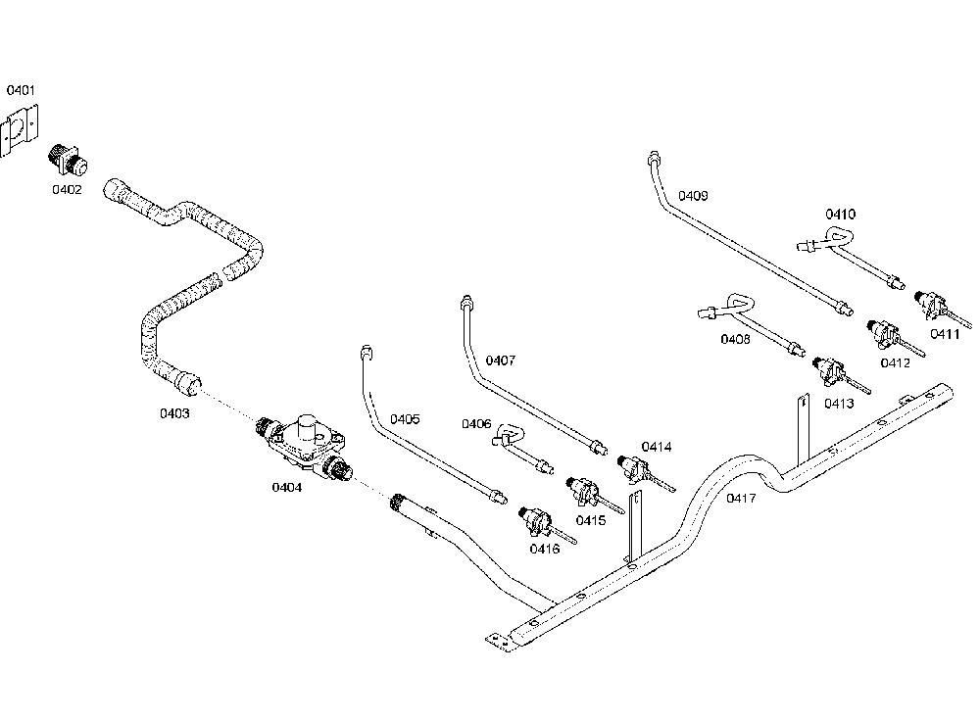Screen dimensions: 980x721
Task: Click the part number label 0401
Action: pyautogui.click(x=21, y=90)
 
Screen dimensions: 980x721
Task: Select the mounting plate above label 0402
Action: pyautogui.click(x=19, y=130)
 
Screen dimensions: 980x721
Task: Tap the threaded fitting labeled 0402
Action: pyautogui.click(x=68, y=159)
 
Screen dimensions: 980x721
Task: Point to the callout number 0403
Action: pyautogui.click(x=174, y=413)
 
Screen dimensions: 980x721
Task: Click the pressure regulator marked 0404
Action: pyautogui.click(x=305, y=444)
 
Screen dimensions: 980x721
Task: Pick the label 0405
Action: pyautogui.click(x=405, y=419)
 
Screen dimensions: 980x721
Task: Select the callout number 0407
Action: pyautogui.click(x=501, y=360)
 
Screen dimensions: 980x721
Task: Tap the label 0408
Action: pyautogui.click(x=735, y=339)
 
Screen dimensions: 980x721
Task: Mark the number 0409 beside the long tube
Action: pyautogui.click(x=693, y=196)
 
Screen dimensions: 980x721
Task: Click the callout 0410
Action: pyautogui.click(x=840, y=215)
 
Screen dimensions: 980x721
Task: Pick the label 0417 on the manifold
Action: pyautogui.click(x=741, y=499)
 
